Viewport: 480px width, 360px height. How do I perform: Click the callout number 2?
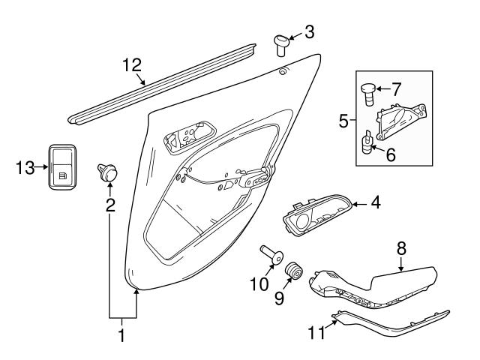pos(110,205)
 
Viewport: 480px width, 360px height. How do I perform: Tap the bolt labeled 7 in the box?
pos(368,95)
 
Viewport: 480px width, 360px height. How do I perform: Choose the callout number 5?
pos(343,120)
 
